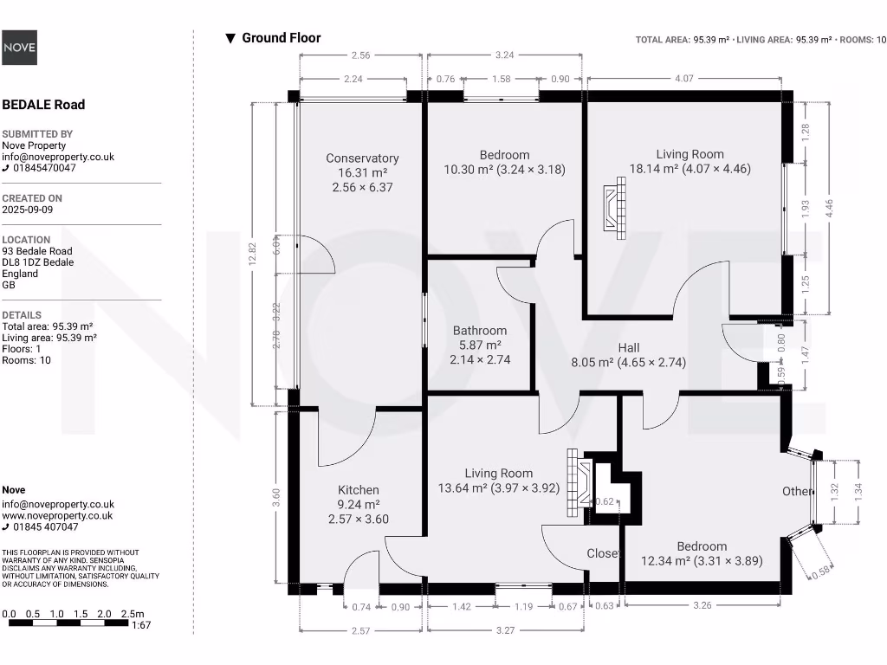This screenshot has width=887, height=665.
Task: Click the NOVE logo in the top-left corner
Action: pyautogui.click(x=19, y=48)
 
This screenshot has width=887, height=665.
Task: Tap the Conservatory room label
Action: pyautogui.click(x=362, y=158)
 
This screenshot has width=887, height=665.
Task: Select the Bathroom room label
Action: pyautogui.click(x=480, y=331)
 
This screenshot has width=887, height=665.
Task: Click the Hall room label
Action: pyautogui.click(x=629, y=348)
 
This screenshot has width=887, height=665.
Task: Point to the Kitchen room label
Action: pyautogui.click(x=359, y=490)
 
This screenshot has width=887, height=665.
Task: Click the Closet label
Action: pyautogui.click(x=603, y=553)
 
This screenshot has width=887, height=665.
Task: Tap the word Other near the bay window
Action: pyautogui.click(x=798, y=492)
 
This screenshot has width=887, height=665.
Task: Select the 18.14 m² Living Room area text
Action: pyautogui.click(x=690, y=169)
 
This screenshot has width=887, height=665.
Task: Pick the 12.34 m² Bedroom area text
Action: pyautogui.click(x=702, y=561)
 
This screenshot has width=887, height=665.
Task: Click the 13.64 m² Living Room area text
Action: pyautogui.click(x=499, y=487)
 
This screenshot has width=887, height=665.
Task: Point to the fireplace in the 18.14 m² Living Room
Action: pyautogui.click(x=616, y=209)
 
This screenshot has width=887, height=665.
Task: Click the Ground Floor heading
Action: pyautogui.click(x=281, y=38)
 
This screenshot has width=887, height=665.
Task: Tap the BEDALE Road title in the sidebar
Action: pyautogui.click(x=43, y=105)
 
